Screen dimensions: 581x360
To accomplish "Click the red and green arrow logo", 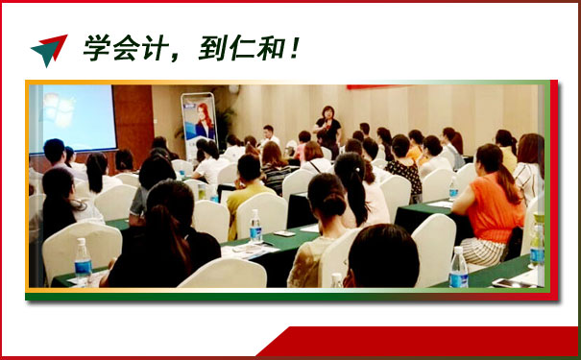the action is point(49,50).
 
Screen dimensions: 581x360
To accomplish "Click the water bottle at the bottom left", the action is point(83,261).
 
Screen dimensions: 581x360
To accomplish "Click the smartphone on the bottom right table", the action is point(511,283).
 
